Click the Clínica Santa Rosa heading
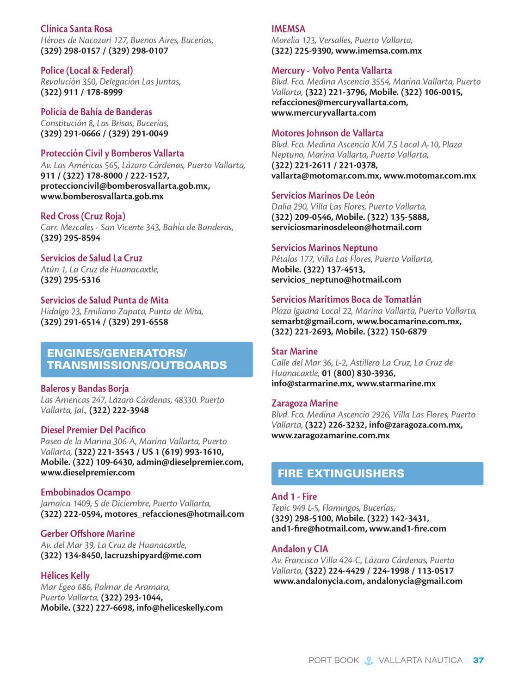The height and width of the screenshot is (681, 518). pyautogui.click(x=76, y=29)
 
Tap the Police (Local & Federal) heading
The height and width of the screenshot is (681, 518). pyautogui.click(x=86, y=70)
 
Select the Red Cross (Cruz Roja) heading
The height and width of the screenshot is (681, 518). pyautogui.click(x=83, y=216)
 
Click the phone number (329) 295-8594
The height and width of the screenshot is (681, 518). pyautogui.click(x=70, y=238)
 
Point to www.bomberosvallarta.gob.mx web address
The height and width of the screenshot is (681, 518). pyautogui.click(x=102, y=196)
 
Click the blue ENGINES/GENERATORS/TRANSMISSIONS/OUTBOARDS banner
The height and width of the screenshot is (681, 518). pyautogui.click(x=147, y=359)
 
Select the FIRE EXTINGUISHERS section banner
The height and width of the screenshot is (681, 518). pyautogui.click(x=377, y=473)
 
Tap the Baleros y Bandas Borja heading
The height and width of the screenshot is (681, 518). pyautogui.click(x=85, y=388)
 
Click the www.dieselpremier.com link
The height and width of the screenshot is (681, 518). pyautogui.click(x=88, y=472)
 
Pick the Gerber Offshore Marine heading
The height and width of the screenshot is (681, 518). pyautogui.click(x=88, y=533)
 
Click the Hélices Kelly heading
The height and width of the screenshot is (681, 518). pyautogui.click(x=65, y=576)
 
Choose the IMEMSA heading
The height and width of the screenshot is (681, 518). pyautogui.click(x=288, y=29)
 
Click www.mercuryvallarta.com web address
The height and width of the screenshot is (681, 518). pyautogui.click(x=324, y=112)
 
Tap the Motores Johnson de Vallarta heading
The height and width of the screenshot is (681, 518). pyautogui.click(x=327, y=133)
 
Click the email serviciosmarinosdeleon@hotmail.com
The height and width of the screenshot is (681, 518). pyautogui.click(x=346, y=227)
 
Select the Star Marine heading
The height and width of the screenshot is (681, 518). pyautogui.click(x=294, y=351)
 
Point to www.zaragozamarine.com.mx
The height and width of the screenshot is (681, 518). pyautogui.click(x=330, y=435)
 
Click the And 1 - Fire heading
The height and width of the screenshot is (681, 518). pyautogui.click(x=294, y=496)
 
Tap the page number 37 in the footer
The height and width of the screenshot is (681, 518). pyautogui.click(x=478, y=660)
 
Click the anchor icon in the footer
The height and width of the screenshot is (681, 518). pyautogui.click(x=369, y=660)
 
